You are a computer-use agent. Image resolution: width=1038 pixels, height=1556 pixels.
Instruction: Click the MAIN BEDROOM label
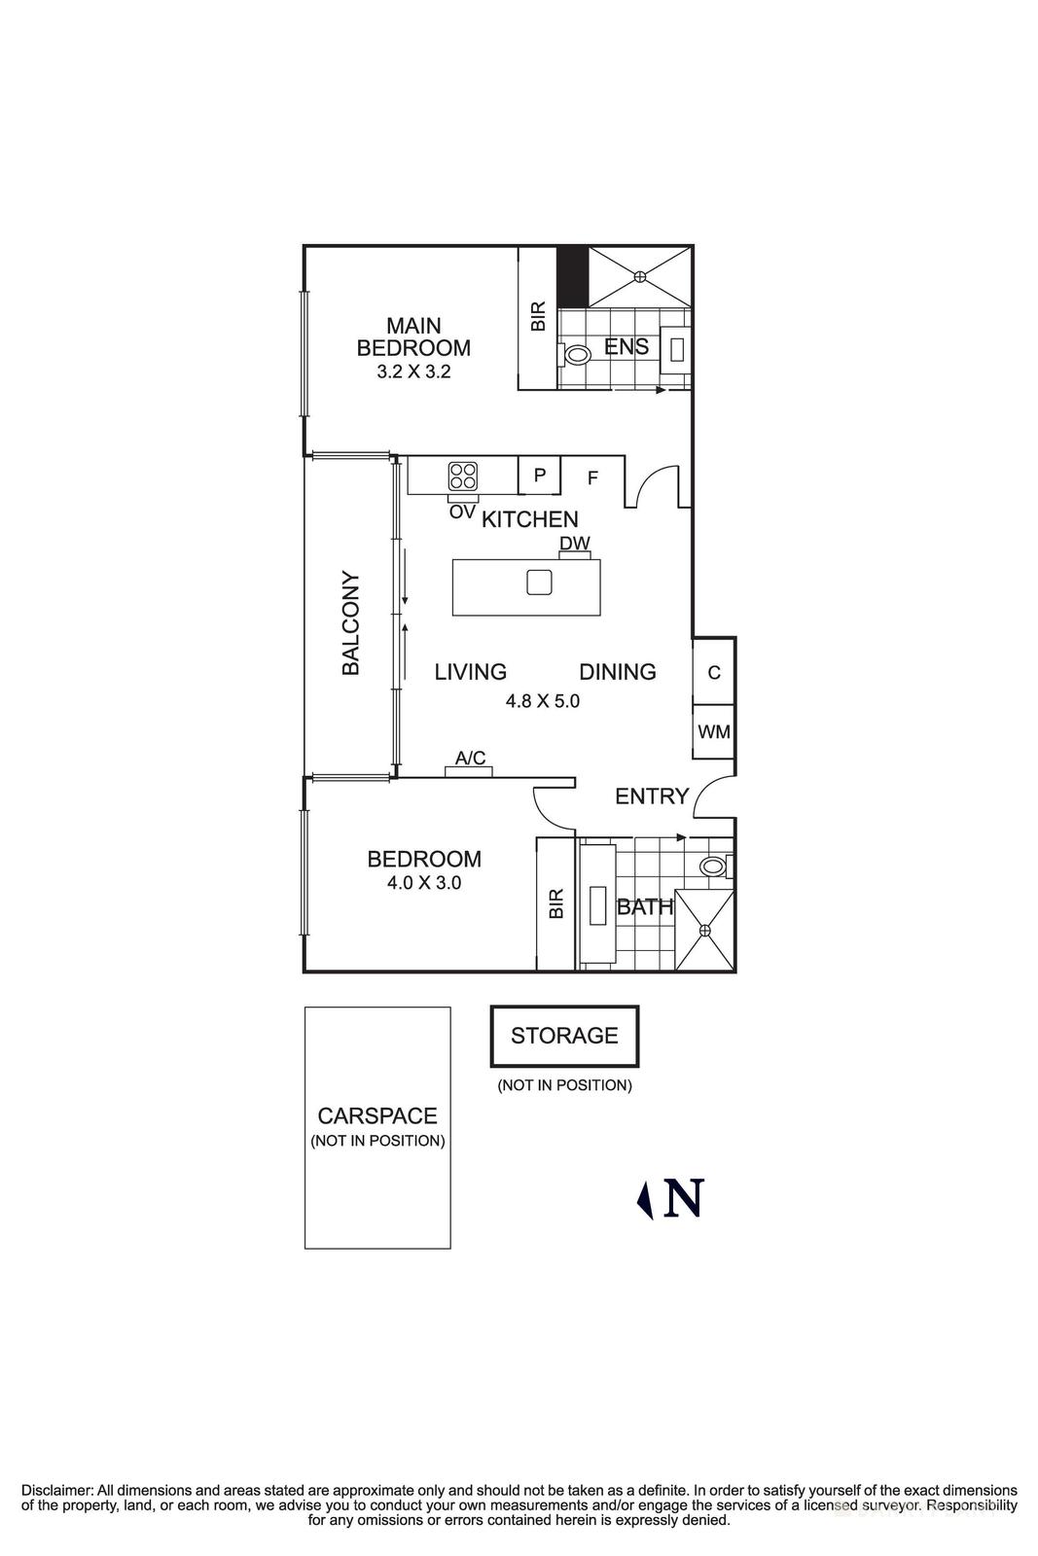[x=413, y=336]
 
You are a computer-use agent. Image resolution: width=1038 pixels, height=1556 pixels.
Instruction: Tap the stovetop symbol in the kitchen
[x=462, y=476]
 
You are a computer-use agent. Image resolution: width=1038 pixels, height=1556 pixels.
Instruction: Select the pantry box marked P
[x=540, y=476]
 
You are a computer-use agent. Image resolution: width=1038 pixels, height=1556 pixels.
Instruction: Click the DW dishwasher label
[x=574, y=544]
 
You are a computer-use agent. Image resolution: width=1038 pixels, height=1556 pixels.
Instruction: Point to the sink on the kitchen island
[x=539, y=582]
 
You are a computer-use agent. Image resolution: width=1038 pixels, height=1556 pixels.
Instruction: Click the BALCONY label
[x=351, y=622]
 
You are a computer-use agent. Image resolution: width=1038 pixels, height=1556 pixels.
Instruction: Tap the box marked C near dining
[x=714, y=672]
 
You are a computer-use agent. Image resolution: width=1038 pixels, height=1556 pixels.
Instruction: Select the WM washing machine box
[x=714, y=732]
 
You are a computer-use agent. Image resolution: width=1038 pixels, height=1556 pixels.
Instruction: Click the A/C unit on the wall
[x=470, y=770]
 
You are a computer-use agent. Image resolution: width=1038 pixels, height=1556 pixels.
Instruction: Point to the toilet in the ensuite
[x=577, y=355]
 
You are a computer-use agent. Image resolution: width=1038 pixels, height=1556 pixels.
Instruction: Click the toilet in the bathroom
[x=713, y=866]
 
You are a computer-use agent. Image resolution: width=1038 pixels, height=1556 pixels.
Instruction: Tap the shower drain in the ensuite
[x=640, y=276]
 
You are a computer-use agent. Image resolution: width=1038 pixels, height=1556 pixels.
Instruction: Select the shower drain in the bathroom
[x=705, y=931]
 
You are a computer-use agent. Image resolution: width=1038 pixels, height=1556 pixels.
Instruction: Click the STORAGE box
[x=564, y=1036]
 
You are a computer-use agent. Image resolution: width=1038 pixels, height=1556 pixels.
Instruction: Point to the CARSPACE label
[x=377, y=1116]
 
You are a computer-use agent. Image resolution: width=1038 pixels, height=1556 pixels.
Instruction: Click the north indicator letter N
[x=683, y=1198]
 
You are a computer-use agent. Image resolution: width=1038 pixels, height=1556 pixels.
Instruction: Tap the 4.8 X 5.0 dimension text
[x=543, y=700]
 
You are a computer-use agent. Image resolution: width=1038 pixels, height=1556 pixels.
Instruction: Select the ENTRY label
[x=652, y=796]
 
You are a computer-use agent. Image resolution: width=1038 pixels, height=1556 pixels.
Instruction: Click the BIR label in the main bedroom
[x=538, y=317]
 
